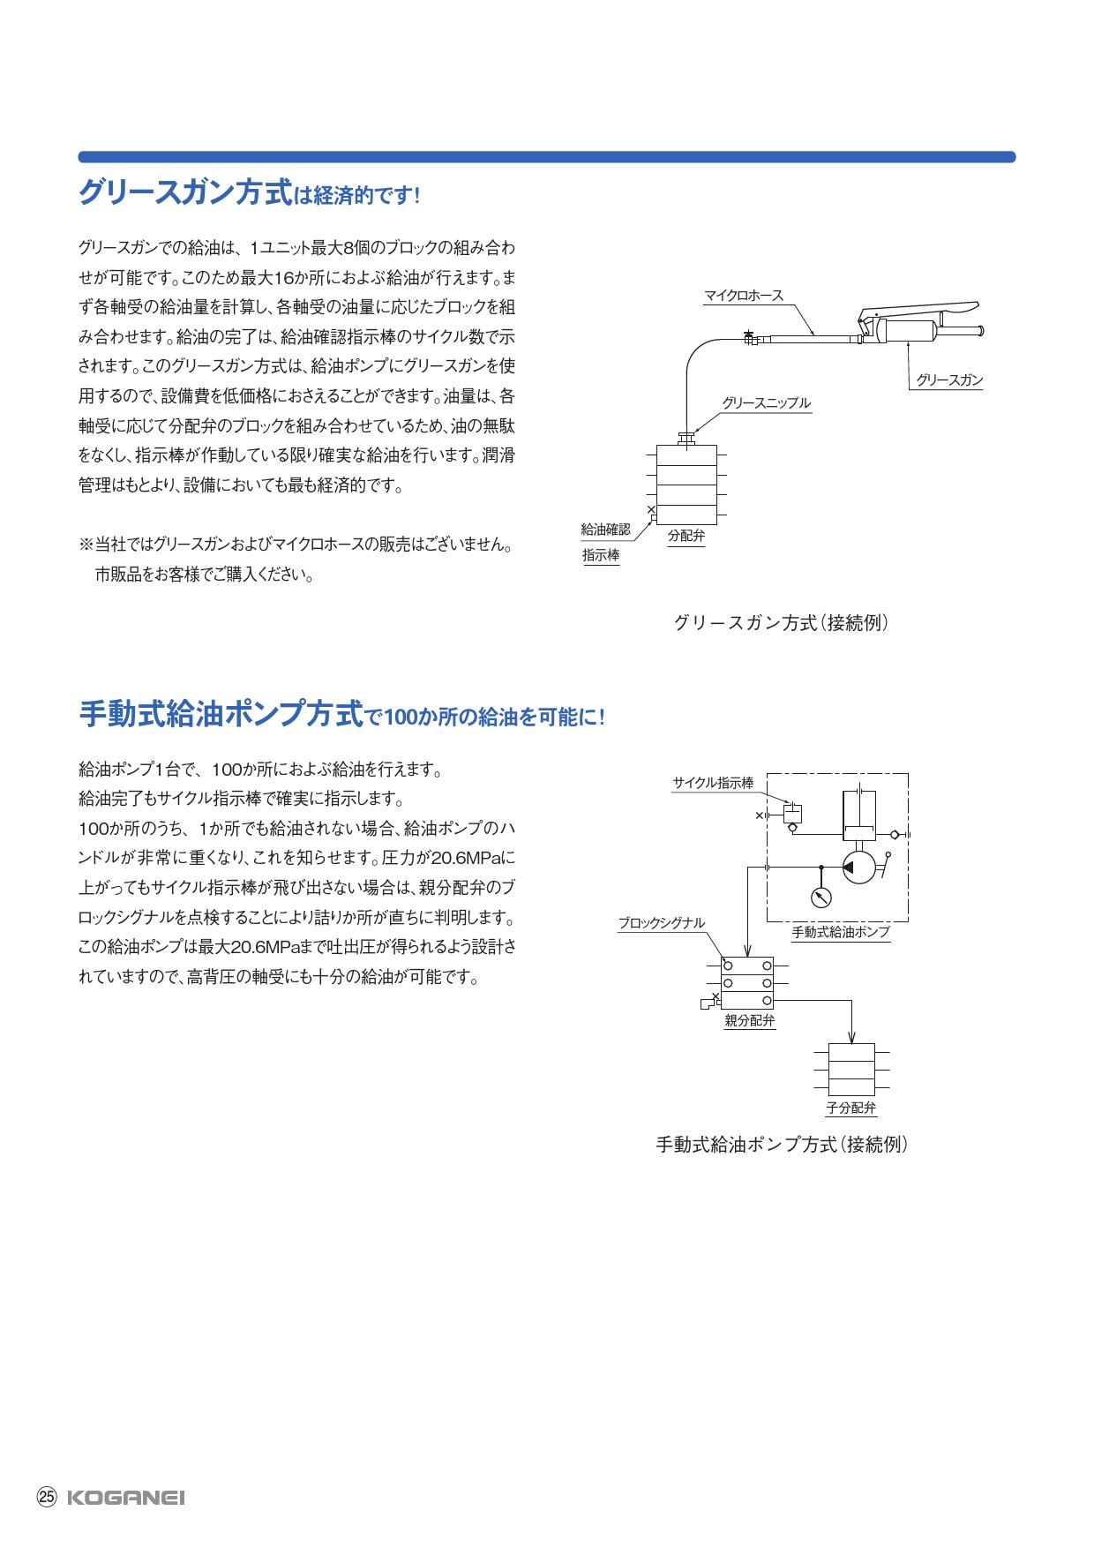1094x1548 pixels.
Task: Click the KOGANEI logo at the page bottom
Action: [x=126, y=1498]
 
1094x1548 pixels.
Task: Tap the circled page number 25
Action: [x=46, y=1497]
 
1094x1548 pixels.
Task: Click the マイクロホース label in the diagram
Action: [x=743, y=296]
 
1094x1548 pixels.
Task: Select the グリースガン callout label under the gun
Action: [x=948, y=380]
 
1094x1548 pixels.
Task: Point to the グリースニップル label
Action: [x=766, y=403]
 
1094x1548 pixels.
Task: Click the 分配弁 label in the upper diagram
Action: [x=686, y=536]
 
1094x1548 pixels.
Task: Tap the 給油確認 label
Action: [x=605, y=530]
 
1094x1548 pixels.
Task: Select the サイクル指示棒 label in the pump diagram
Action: [x=713, y=783]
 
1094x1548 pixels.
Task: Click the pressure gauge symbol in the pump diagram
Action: [x=821, y=897]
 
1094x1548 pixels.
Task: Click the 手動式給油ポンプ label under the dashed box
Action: [x=840, y=932]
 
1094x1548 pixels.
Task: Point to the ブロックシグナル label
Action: [x=661, y=923]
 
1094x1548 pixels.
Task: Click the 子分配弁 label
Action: [x=850, y=1108]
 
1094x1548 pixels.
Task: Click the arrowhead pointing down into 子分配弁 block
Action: [x=851, y=1038]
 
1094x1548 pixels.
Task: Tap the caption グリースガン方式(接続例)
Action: [x=780, y=623]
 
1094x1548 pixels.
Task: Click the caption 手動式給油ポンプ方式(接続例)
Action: [x=782, y=1145]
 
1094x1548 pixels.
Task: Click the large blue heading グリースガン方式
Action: [x=184, y=192]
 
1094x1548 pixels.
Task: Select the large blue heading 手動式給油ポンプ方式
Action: [x=221, y=713]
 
